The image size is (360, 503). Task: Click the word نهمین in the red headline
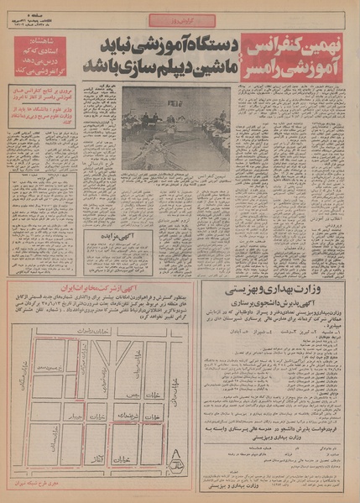(332, 43)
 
